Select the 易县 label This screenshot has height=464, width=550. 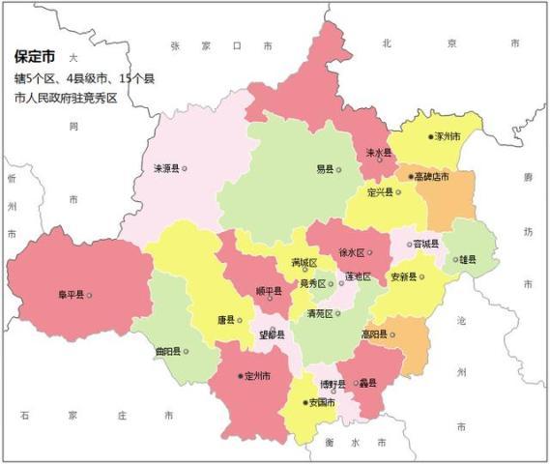(325, 169)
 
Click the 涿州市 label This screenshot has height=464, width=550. (448, 136)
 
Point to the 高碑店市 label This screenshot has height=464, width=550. (430, 177)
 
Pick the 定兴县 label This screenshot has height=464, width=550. (380, 192)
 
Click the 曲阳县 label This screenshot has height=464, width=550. (168, 351)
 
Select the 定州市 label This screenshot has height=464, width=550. (257, 375)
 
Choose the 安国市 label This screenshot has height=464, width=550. (321, 402)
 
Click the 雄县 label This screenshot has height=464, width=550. (468, 259)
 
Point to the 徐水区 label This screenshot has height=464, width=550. (350, 252)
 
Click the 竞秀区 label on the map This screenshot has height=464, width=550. (312, 283)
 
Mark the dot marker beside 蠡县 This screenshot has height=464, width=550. (355, 383)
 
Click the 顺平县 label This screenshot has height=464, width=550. (268, 291)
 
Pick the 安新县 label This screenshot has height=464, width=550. (402, 277)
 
